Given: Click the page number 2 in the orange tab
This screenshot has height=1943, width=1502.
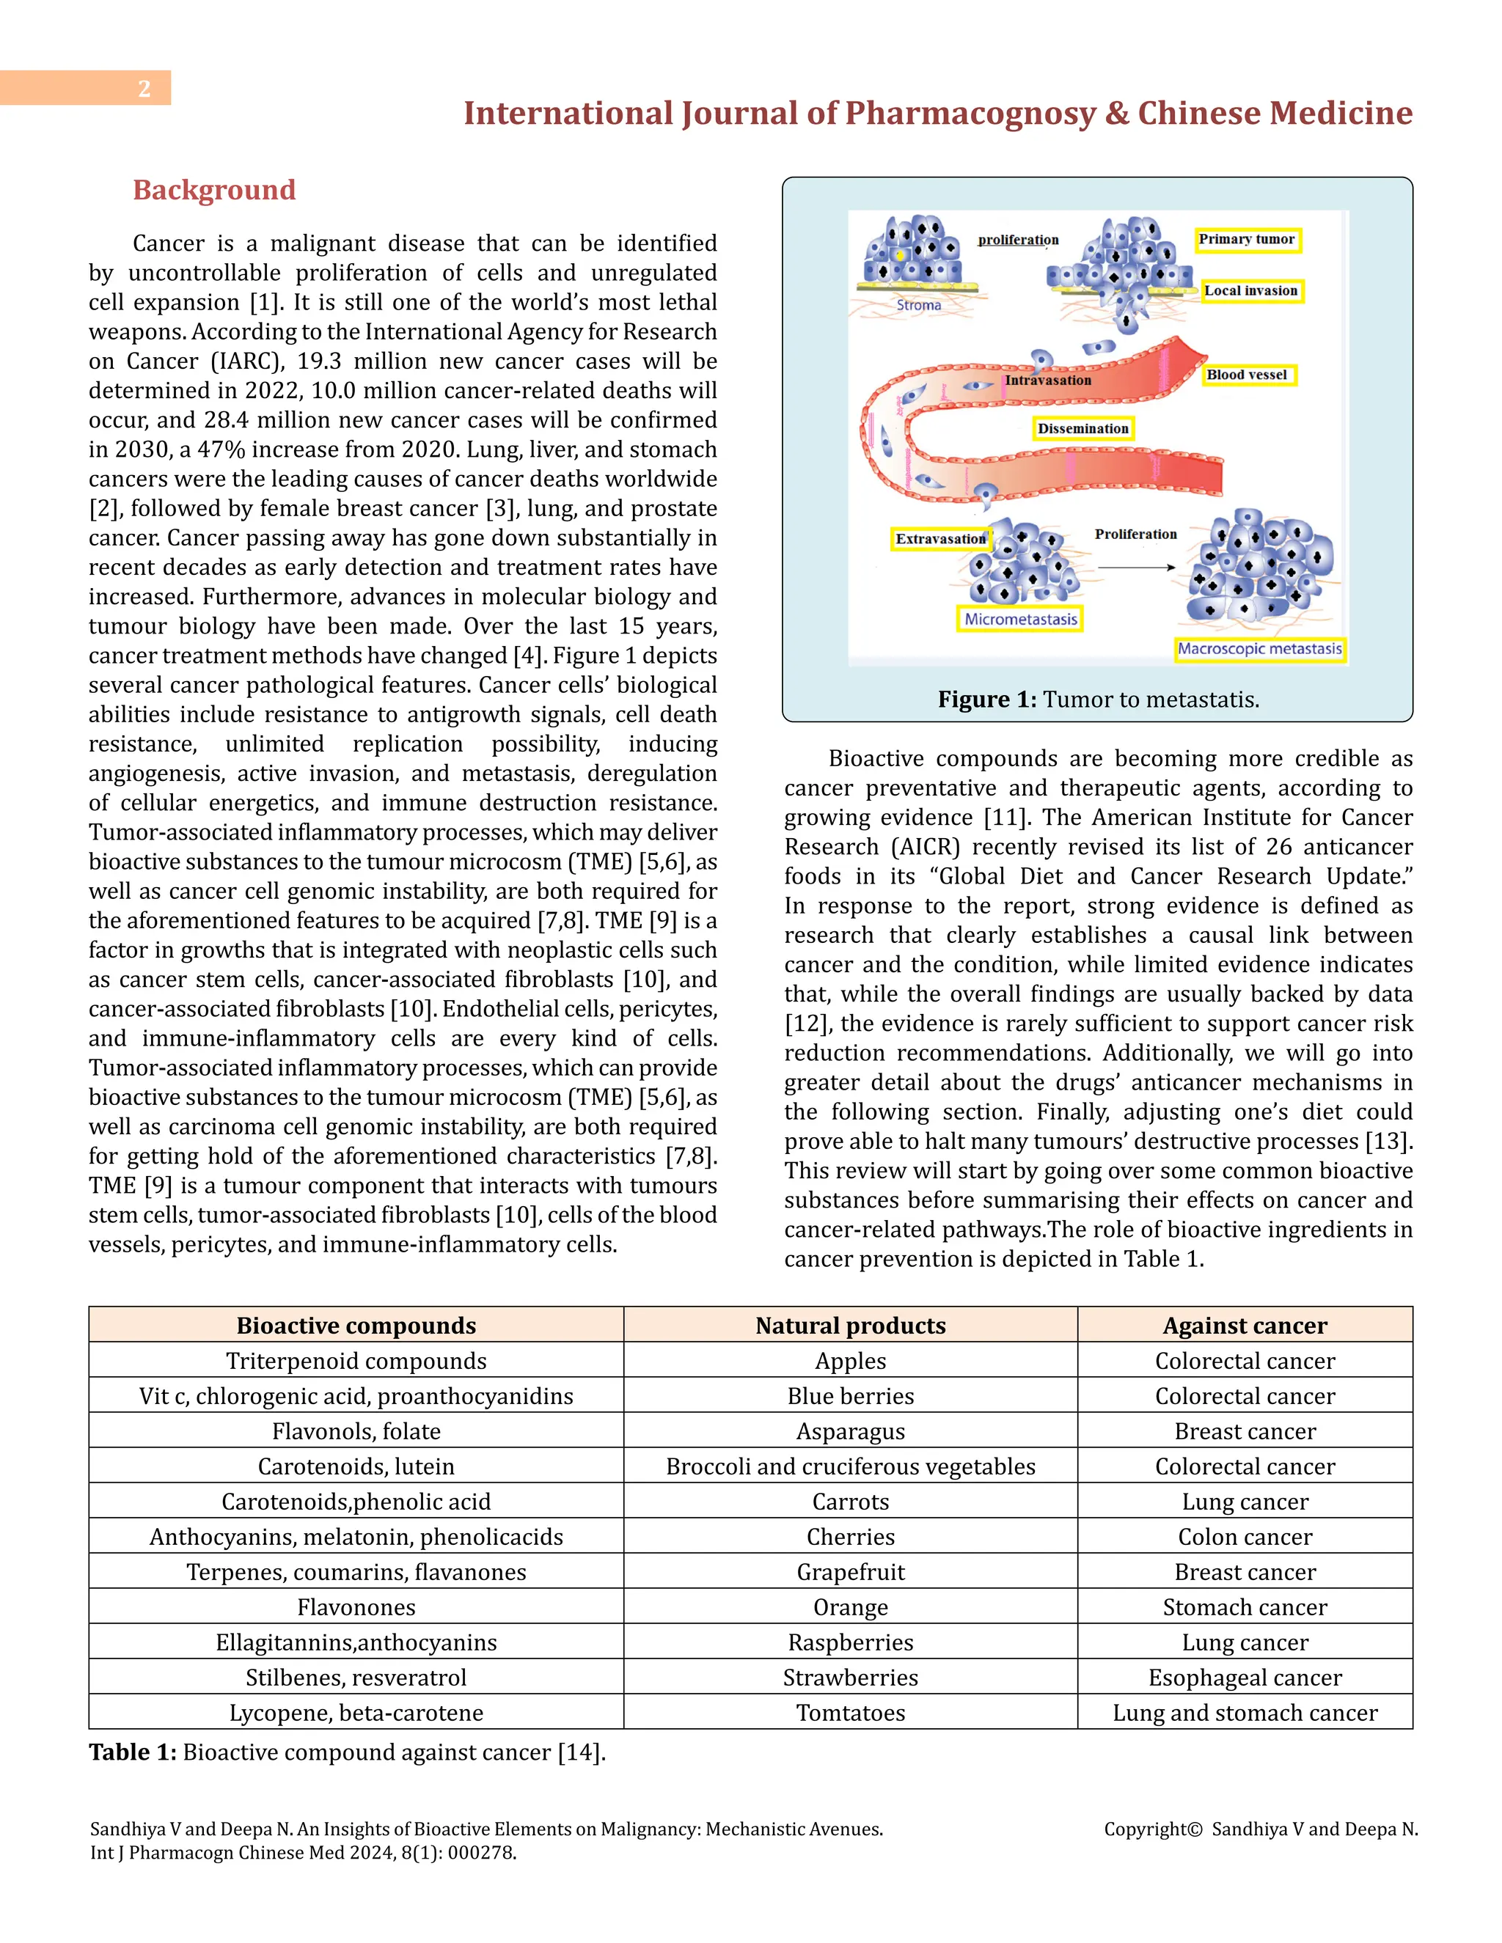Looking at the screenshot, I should click(144, 88).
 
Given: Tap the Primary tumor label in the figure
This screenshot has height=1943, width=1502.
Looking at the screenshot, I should click(1247, 239).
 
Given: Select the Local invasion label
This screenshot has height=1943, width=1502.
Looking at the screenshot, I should click(1251, 291).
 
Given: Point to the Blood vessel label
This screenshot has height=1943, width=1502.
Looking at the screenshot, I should click(1247, 375).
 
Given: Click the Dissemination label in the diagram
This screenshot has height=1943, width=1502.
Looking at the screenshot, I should click(1083, 429).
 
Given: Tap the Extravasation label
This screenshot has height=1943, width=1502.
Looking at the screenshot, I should click(940, 539).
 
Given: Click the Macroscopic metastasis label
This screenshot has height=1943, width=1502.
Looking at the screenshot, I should click(1259, 650).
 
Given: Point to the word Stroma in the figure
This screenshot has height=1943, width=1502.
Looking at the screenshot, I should click(918, 305).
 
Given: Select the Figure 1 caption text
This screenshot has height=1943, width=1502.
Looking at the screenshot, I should click(1098, 699).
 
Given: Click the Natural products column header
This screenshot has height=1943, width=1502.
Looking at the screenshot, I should click(850, 1326).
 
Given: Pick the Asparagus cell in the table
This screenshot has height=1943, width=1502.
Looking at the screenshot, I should click(850, 1431).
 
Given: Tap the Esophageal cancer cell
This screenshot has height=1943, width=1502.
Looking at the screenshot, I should click(1245, 1678).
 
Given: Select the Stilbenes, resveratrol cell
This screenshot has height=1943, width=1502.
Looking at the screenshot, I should click(356, 1678).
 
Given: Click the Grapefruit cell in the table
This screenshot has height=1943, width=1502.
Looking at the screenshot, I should click(850, 1572).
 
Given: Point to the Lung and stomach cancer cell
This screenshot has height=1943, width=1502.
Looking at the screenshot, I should click(1245, 1713).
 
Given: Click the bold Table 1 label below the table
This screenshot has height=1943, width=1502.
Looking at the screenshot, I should click(133, 1752).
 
